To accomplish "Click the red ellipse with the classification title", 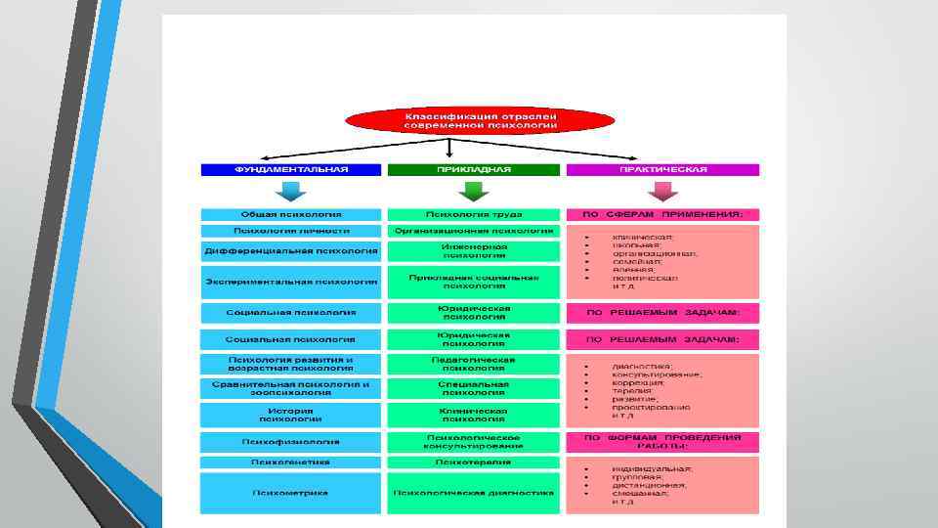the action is [x=481, y=120].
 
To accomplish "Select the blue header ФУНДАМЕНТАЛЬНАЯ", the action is [x=290, y=169].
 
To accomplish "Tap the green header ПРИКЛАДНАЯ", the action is [x=474, y=169].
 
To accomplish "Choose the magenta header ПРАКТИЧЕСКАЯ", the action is [x=662, y=169].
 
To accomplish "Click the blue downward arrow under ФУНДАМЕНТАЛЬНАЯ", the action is [x=290, y=191].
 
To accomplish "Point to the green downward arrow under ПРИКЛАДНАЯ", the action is [x=474, y=191].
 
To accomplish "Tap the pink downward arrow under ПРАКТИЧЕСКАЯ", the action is [x=662, y=191].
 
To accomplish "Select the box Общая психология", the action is [x=290, y=214].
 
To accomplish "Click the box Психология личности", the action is [x=290, y=232].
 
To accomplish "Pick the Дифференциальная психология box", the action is [x=290, y=251].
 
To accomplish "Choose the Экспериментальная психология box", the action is [x=290, y=282].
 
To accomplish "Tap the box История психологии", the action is [x=290, y=415].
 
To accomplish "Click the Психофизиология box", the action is [x=290, y=442].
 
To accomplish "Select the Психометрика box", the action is [x=290, y=493].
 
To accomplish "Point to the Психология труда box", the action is [x=474, y=214].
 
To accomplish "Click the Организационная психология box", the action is [x=474, y=232].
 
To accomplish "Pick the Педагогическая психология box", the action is [x=474, y=364].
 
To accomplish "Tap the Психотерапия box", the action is [x=474, y=462].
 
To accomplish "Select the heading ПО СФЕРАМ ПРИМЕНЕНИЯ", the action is [x=662, y=214].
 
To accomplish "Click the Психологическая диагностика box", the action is [x=474, y=493].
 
